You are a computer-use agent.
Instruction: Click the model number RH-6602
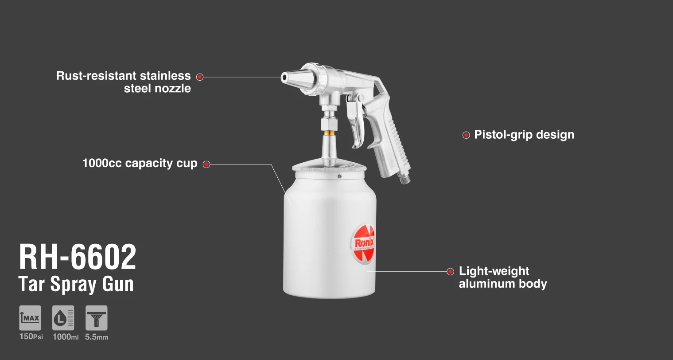click(x=78, y=257)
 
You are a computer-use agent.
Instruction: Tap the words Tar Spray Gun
click(x=76, y=284)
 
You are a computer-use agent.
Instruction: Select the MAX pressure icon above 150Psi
click(x=30, y=318)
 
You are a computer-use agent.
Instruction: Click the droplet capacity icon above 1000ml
click(x=63, y=318)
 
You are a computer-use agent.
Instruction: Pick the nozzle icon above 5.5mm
click(x=97, y=318)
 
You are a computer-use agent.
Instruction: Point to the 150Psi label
click(x=31, y=337)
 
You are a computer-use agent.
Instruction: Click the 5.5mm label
click(x=97, y=337)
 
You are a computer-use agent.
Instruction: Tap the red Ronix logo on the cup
click(x=362, y=243)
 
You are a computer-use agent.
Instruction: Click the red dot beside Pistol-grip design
click(x=466, y=135)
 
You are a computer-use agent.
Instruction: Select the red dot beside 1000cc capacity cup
click(x=206, y=164)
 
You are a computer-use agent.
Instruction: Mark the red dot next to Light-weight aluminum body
click(x=450, y=272)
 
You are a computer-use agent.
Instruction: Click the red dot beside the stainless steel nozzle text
click(x=200, y=77)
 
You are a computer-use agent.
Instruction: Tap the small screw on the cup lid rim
click(x=339, y=176)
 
